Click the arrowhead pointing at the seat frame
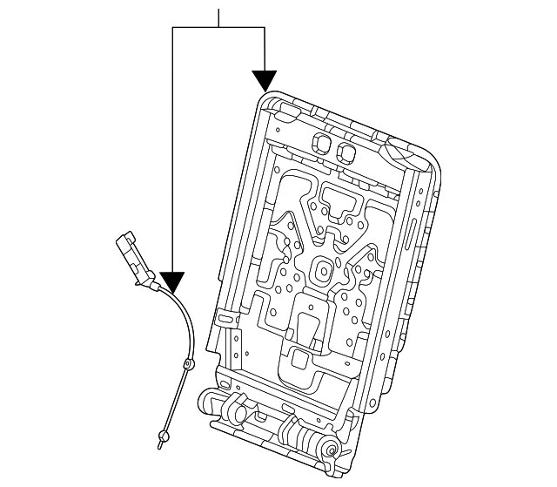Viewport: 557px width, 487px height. pyautogui.click(x=264, y=82)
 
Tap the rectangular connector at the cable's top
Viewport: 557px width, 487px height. pyautogui.click(x=132, y=255)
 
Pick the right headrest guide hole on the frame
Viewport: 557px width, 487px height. pyautogui.click(x=346, y=152)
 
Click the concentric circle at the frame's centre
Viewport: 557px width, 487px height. pyautogui.click(x=323, y=271)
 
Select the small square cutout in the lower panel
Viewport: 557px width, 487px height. pyautogui.click(x=298, y=358)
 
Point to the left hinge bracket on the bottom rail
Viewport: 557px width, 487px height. pyautogui.click(x=213, y=402)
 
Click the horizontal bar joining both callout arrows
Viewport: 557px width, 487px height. pyautogui.click(x=218, y=28)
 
